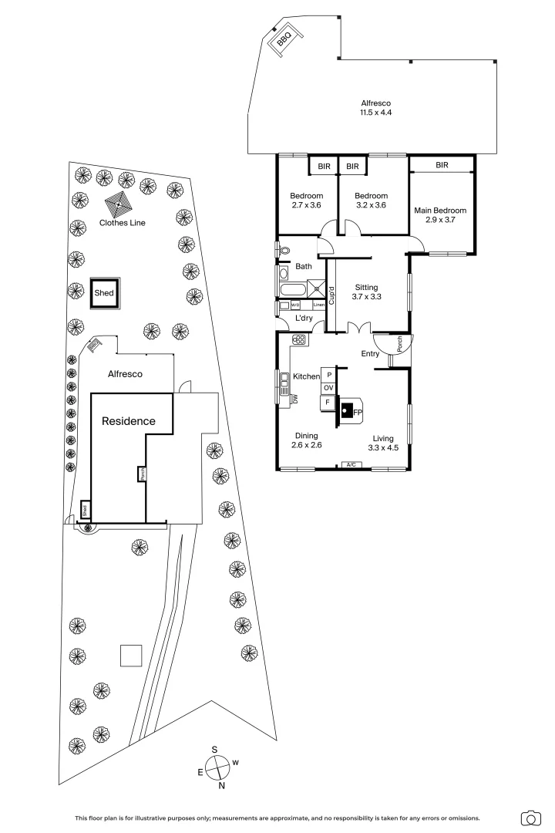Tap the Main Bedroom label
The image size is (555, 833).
[x=440, y=214]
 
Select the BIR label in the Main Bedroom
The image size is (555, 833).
[x=442, y=165]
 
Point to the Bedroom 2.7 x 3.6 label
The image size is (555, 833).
[x=306, y=201]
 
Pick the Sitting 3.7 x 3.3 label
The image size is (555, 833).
[x=366, y=292]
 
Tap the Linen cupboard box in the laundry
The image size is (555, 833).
[x=318, y=305]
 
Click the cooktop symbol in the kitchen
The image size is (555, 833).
[x=298, y=339]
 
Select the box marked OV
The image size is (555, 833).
[x=328, y=387]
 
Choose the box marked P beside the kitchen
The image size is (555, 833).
[x=328, y=373]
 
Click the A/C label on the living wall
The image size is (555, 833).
[x=351, y=465]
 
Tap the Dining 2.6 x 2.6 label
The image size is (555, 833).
[x=306, y=440]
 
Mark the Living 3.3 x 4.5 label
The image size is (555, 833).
[x=382, y=443]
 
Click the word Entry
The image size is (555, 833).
[x=371, y=354]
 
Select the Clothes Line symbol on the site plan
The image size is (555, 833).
[x=118, y=204]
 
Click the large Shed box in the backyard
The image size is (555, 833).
[x=104, y=294]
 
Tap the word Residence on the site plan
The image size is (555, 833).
[x=129, y=421]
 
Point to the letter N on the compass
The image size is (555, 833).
[x=222, y=786]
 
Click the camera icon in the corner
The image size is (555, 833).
[x=530, y=818]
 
